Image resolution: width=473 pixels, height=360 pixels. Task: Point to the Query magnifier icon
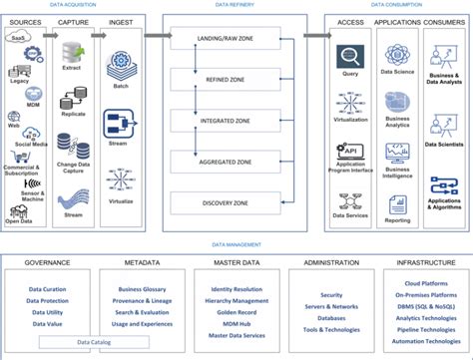tap(348, 57)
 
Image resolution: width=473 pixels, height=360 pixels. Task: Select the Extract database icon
tap(73, 52)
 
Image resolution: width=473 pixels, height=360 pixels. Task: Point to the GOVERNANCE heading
tap(48, 263)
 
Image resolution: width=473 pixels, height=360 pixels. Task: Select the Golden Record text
tap(236, 310)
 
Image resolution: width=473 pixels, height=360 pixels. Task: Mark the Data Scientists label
tap(445, 145)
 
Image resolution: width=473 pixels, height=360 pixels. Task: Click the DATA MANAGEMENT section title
tap(236, 244)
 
